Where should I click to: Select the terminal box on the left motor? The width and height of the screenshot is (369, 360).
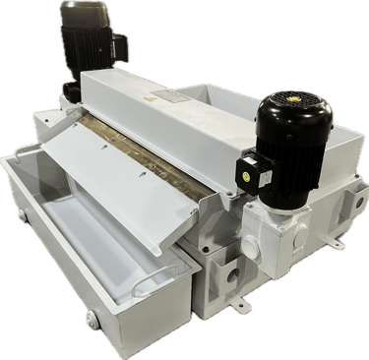click(x=119, y=45)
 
